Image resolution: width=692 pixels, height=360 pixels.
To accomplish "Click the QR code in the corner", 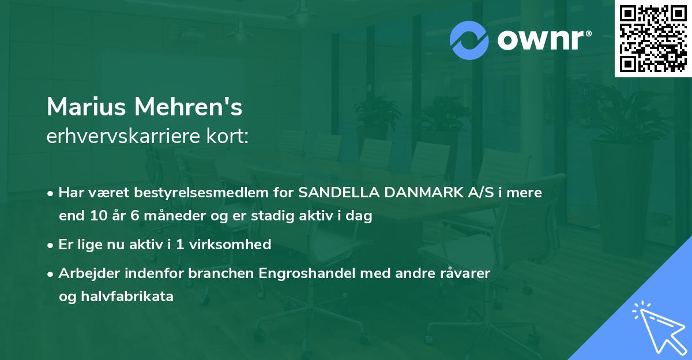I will click(x=653, y=39).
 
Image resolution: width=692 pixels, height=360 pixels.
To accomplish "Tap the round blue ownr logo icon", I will click(x=469, y=40).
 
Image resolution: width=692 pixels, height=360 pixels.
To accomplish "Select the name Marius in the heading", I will click(x=86, y=107).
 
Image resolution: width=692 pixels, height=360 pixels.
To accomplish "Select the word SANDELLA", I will click(x=334, y=193).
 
